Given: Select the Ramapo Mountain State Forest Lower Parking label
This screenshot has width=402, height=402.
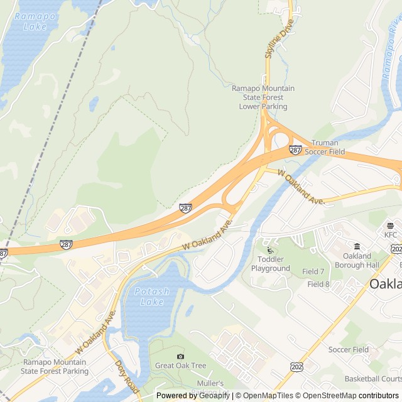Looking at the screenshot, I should [x=263, y=97].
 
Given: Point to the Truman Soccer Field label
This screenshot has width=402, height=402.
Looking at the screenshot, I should [x=329, y=148].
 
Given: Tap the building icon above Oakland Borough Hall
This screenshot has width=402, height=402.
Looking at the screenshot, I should [x=357, y=246].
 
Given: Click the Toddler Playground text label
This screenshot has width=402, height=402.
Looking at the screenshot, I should [x=271, y=264].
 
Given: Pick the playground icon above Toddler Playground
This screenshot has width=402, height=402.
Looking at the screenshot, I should [x=271, y=250].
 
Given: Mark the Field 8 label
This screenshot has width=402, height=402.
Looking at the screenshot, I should [x=318, y=284].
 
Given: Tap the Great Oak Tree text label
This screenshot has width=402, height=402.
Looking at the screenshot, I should [x=181, y=366].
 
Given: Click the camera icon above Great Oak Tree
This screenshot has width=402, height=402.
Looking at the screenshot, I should [x=181, y=356].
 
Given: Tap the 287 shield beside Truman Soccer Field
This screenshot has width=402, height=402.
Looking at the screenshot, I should [x=295, y=150].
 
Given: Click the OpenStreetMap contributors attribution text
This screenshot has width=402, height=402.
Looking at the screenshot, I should [x=358, y=396].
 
